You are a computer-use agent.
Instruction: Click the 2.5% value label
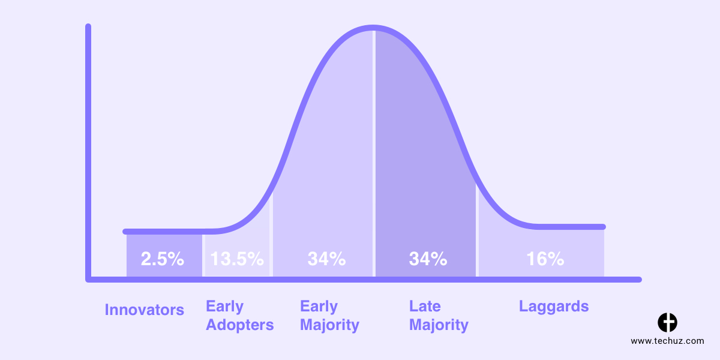point(163,259)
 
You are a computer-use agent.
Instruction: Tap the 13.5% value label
point(237,259)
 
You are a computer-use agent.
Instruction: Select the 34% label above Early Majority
point(326,259)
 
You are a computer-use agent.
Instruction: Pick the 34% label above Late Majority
point(428,259)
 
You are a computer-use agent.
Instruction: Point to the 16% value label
point(545,259)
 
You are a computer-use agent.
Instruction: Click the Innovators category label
point(145,310)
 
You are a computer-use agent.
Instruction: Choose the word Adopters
point(240,325)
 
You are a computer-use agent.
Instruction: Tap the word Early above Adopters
point(224,307)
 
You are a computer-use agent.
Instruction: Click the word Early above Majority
point(319,307)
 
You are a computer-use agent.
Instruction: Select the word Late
point(425,307)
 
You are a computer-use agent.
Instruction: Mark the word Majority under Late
point(439,325)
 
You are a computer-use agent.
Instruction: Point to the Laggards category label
point(554,307)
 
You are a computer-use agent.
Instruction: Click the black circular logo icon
point(667,322)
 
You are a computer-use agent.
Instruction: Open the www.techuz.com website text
point(667,341)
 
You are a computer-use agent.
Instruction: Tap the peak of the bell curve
point(373,28)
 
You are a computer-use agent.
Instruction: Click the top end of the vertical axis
point(88,26)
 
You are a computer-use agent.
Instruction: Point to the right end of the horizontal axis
point(639,280)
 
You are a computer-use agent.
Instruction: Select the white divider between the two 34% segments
point(374,154)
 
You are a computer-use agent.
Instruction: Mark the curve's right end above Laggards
point(603,227)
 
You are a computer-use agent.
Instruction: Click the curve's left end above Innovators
point(125,232)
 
